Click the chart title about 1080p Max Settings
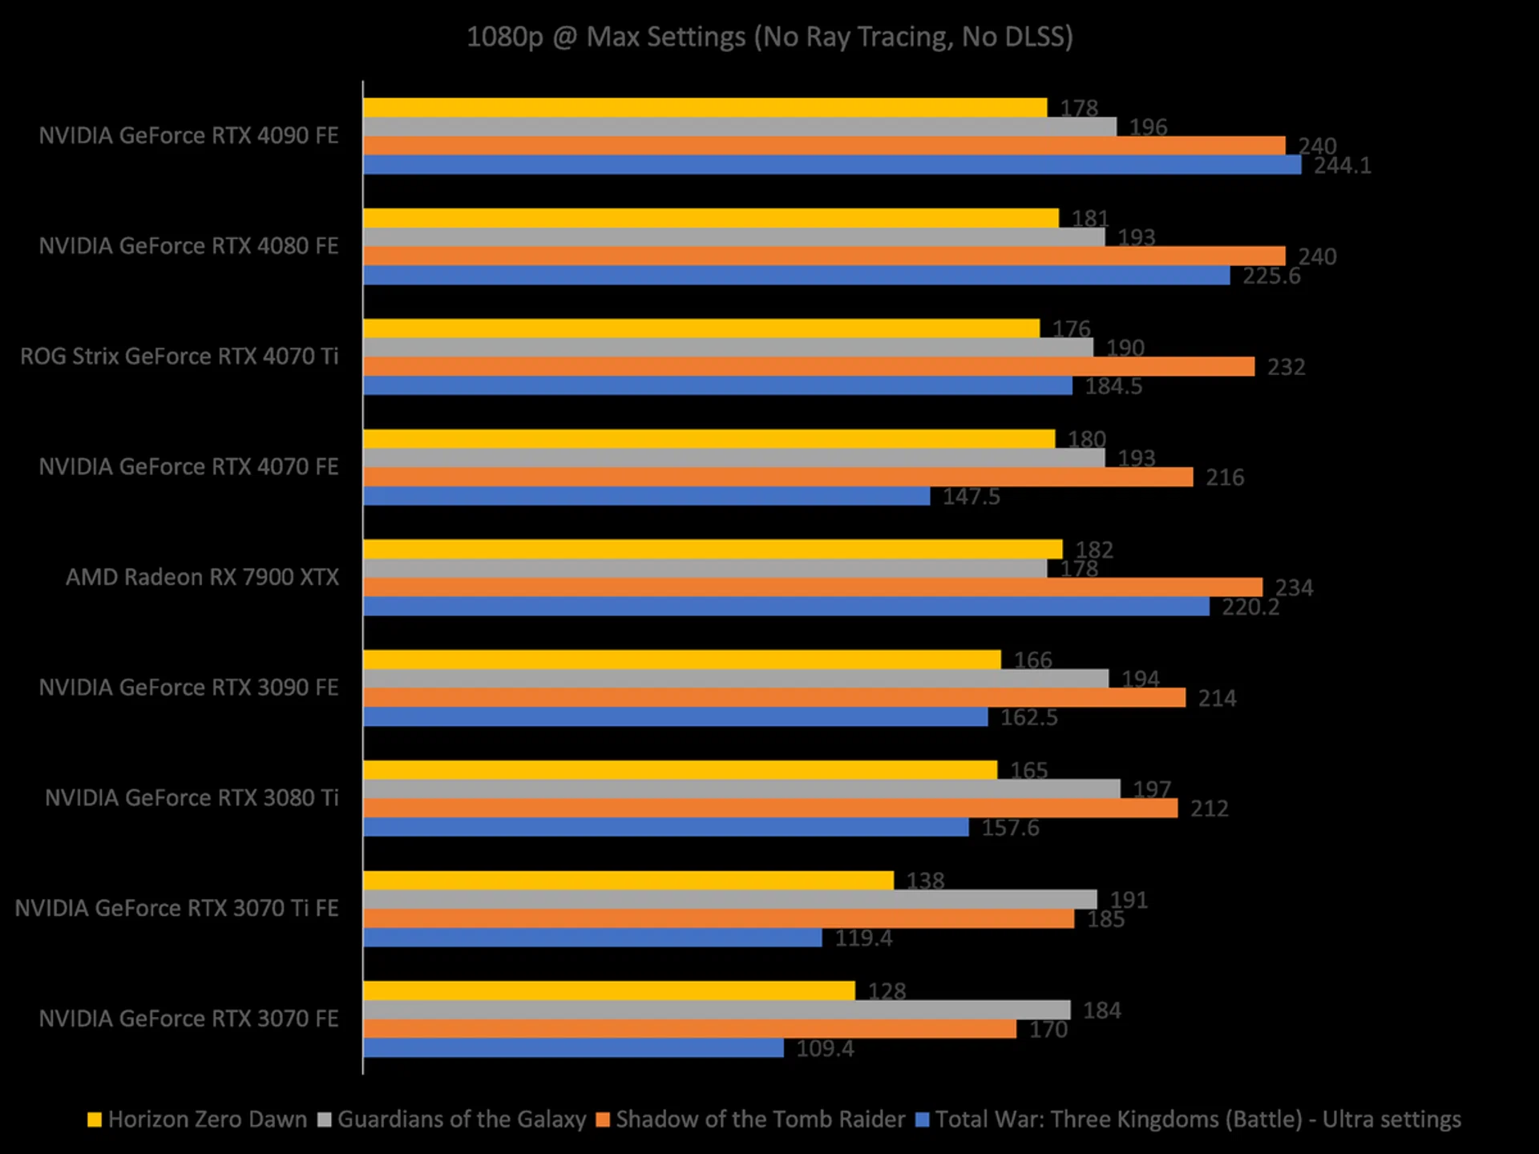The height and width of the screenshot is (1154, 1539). pos(769,37)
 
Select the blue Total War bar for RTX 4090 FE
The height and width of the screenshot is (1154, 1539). pos(832,165)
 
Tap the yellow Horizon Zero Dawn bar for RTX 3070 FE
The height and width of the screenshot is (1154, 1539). pos(609,991)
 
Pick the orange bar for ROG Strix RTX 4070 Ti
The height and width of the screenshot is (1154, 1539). pos(809,366)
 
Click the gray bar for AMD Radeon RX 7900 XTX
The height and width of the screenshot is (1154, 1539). pos(705,568)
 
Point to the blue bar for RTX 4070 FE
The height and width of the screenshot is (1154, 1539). pos(647,496)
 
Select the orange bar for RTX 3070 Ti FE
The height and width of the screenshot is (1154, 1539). pos(718,918)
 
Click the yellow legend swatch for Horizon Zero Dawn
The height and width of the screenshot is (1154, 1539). pos(95,1120)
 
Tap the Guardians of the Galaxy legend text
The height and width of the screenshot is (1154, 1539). pos(462,1120)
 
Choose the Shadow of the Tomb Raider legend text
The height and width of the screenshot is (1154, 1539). pos(760,1120)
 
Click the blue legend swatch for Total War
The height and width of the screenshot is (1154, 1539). pos(923,1120)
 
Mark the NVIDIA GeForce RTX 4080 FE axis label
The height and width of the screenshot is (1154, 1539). pos(188,246)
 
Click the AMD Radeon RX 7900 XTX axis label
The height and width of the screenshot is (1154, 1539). pos(202,577)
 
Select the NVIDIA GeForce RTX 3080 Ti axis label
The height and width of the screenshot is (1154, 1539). pos(192,798)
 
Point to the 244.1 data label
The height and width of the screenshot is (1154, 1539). pos(1342,166)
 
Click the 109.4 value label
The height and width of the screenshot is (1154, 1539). pos(825,1048)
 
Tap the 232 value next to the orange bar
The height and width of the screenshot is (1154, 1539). pos(1286,367)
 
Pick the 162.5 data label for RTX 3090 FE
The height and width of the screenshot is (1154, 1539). pos(1028,717)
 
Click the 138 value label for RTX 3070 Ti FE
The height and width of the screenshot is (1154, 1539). pos(925,881)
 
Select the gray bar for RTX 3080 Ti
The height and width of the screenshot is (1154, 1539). pos(741,789)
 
